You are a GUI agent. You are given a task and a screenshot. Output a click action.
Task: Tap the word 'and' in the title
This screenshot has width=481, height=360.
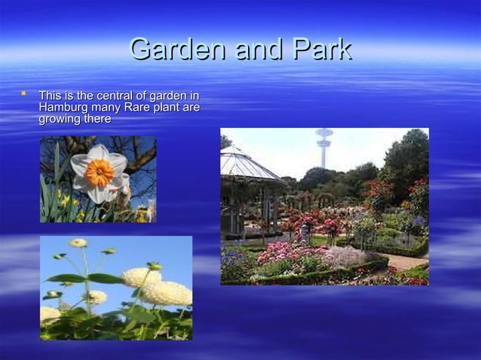[x=257, y=50]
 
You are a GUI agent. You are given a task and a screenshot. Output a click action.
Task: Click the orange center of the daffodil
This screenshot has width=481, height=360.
[x=99, y=172]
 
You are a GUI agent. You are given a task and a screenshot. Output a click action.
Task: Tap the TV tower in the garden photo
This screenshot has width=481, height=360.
[x=324, y=145]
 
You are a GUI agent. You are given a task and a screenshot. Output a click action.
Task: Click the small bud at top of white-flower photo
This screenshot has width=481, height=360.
[x=78, y=243]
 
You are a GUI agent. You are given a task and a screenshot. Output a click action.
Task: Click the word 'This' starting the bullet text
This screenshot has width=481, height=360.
[x=51, y=96]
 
